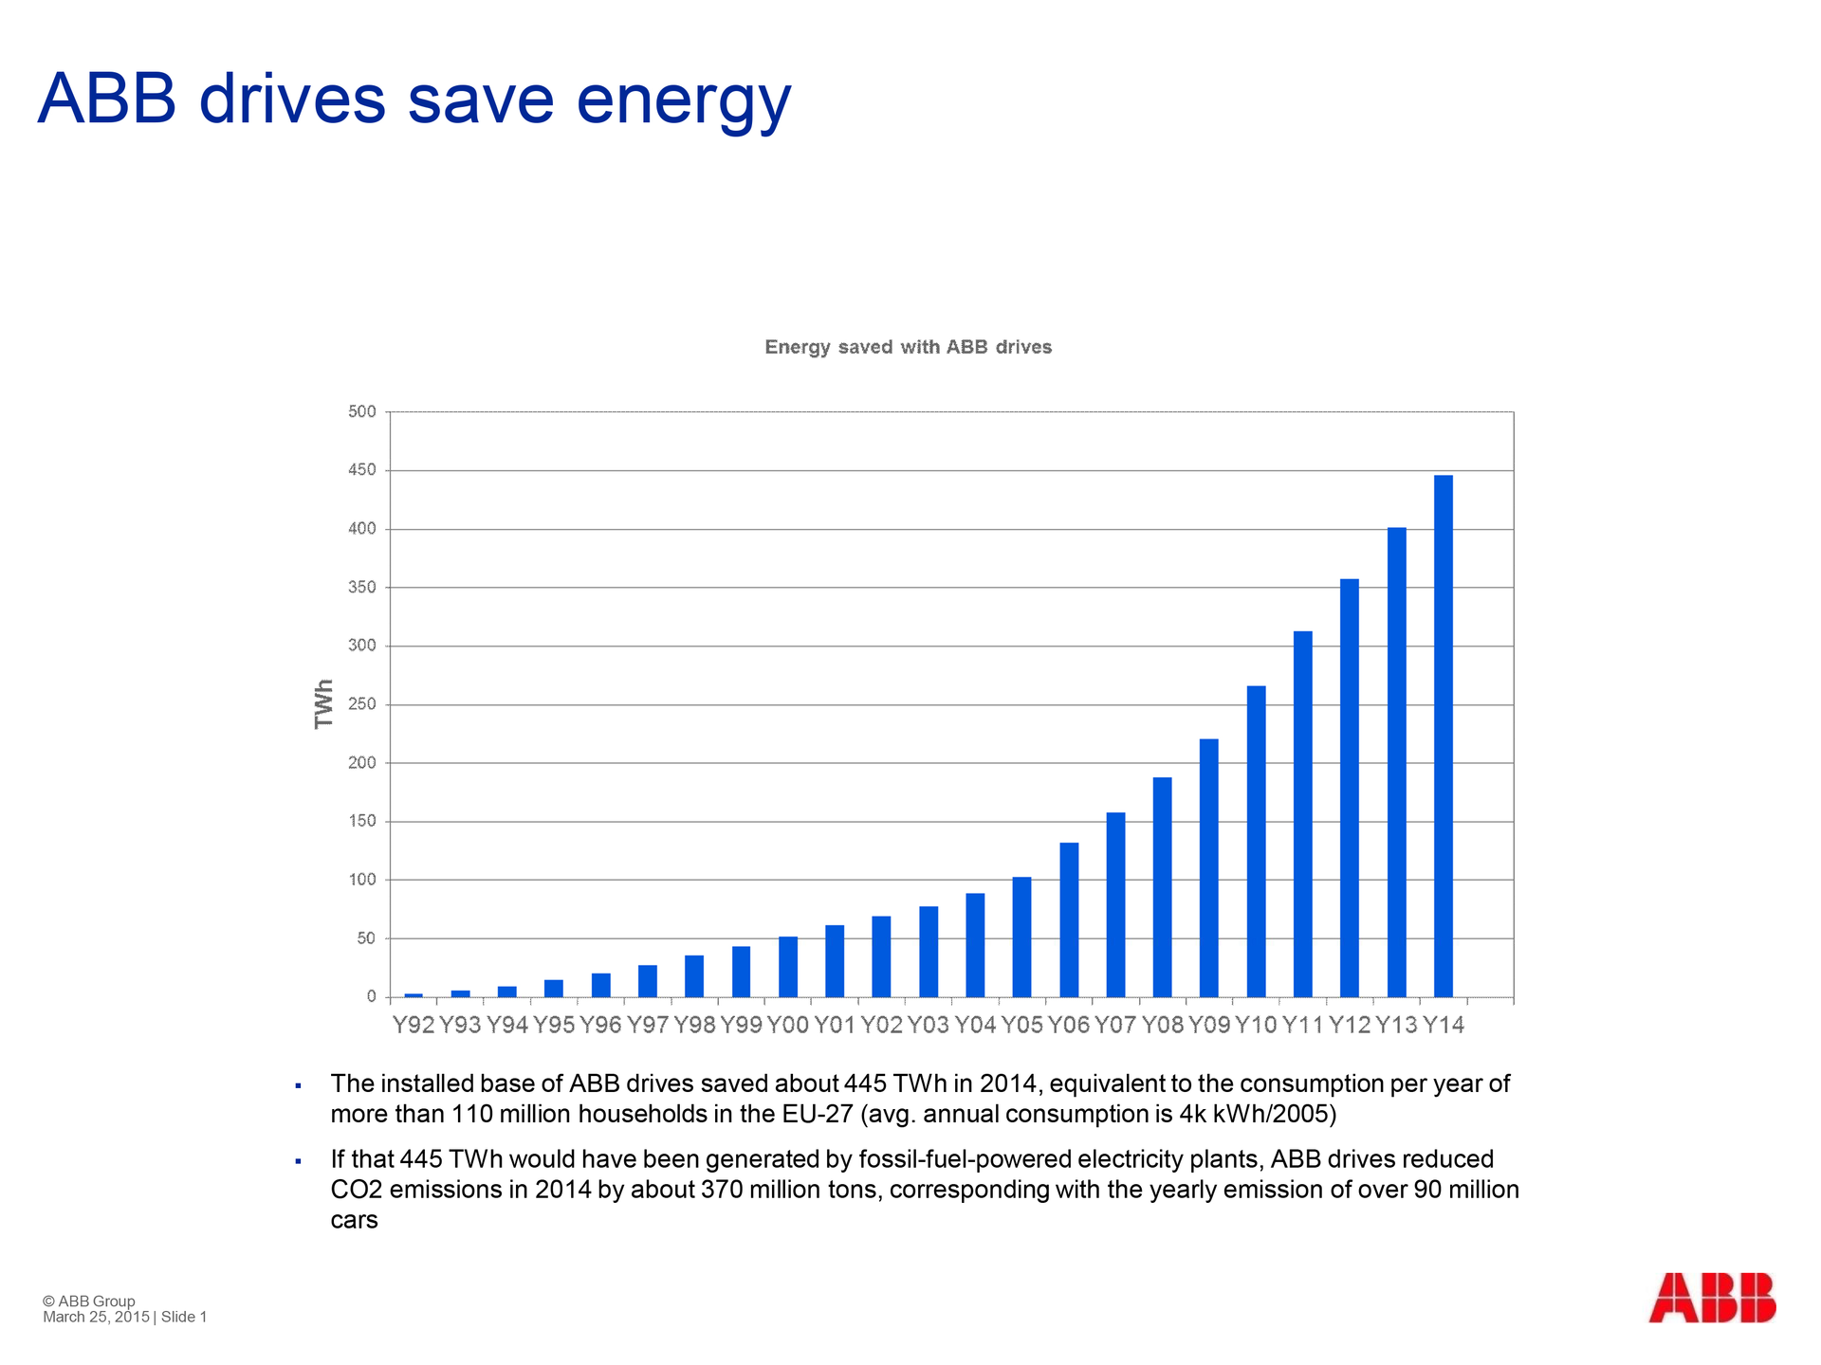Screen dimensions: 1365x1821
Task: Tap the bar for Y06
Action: [1069, 919]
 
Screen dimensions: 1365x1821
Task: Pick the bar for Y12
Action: [1349, 788]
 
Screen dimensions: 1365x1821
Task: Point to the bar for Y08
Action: [1162, 887]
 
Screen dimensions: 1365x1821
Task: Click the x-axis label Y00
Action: [787, 1025]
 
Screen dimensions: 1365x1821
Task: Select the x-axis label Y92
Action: [414, 1025]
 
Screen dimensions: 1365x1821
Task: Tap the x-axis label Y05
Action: [1021, 1025]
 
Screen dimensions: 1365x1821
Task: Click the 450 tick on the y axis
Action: [362, 470]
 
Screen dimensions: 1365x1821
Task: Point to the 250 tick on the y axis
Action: [362, 704]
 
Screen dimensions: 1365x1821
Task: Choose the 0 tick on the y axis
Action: [371, 997]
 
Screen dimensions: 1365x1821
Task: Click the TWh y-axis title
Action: [324, 703]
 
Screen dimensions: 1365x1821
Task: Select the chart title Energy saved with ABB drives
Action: [908, 347]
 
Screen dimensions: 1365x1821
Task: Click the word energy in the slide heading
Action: [683, 100]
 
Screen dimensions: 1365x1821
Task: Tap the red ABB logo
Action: [1711, 1298]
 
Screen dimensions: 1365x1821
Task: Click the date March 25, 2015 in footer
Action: [96, 1318]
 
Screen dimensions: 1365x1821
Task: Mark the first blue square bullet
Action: [298, 1085]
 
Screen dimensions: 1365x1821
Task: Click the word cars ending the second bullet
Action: [354, 1220]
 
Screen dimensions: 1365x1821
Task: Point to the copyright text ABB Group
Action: [96, 1301]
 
